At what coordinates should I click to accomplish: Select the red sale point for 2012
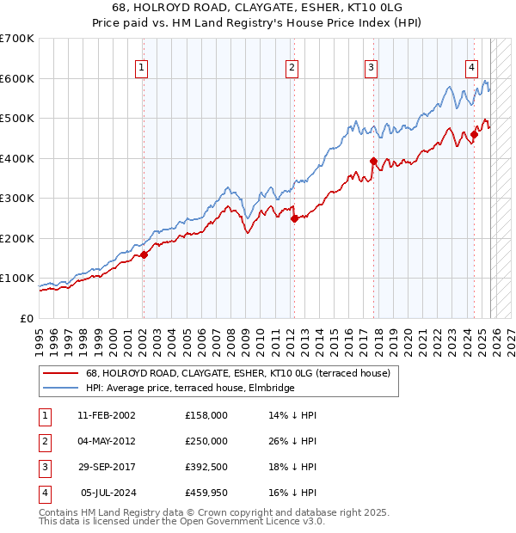point(294,218)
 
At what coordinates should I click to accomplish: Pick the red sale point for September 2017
point(373,161)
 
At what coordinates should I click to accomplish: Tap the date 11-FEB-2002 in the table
point(106,415)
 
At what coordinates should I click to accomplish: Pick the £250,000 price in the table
point(206,441)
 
